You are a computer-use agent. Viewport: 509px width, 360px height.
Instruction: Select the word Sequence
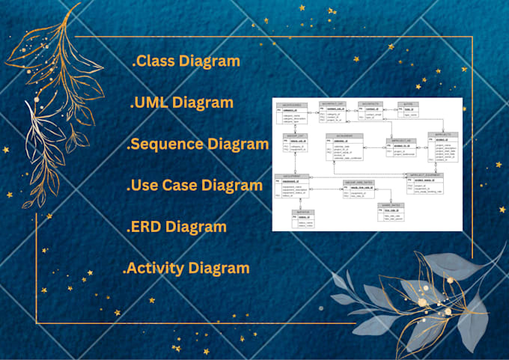(x=170, y=144)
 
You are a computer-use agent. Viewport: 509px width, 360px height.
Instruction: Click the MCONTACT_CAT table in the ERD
(x=332, y=112)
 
